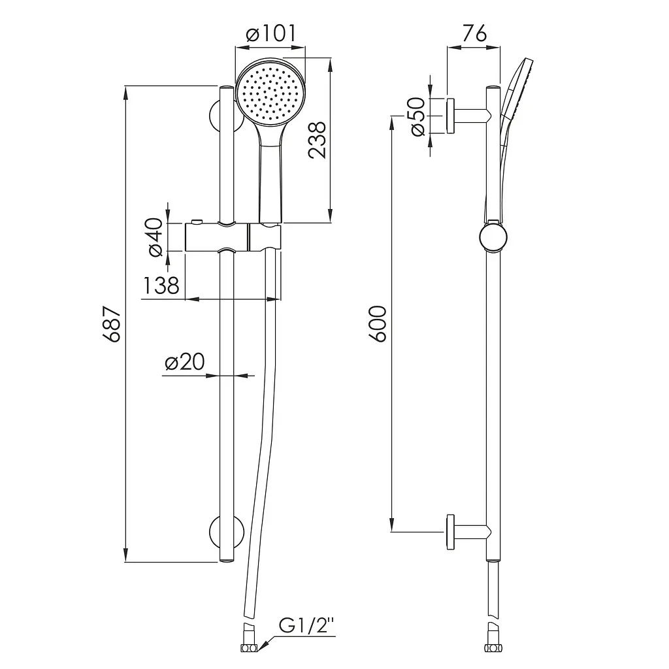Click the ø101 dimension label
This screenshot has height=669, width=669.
pos(271,34)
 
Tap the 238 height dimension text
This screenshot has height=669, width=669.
pos(318,140)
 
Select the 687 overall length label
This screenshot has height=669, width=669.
pos(112,324)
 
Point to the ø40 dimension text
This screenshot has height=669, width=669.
pos(155,237)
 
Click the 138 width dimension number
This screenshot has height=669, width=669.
pos(161,286)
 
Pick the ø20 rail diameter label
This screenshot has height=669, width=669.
pos(185,362)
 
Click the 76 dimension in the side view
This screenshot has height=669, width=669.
pos(474,33)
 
